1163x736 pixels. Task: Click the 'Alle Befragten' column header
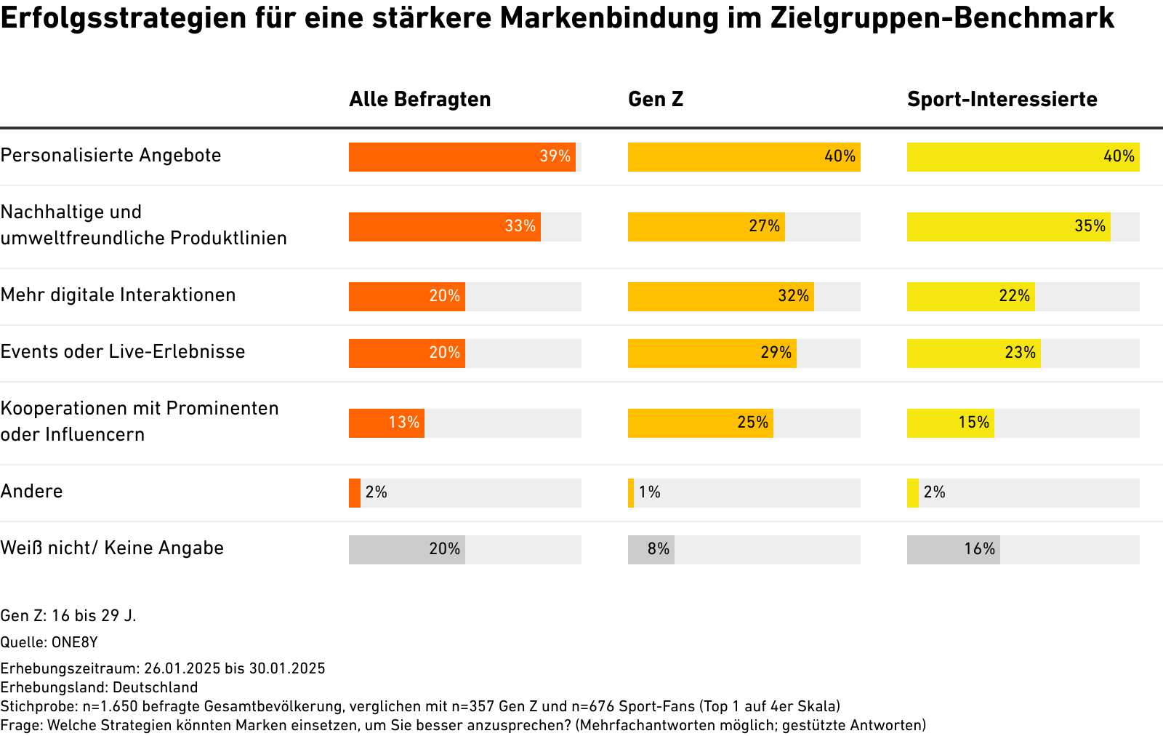coord(419,99)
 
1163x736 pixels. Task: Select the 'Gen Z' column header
coord(656,99)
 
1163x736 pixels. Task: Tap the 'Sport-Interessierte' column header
coord(1002,99)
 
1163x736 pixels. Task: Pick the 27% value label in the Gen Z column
coord(764,226)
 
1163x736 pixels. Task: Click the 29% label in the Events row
coord(776,353)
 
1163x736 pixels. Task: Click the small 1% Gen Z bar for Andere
coord(631,493)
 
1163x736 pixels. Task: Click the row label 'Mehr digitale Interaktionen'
coord(118,295)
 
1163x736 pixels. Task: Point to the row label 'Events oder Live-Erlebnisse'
coord(123,351)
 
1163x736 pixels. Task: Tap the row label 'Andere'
coord(31,491)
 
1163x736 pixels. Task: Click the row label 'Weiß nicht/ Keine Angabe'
coord(112,548)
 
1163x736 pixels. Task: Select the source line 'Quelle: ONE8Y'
coord(49,642)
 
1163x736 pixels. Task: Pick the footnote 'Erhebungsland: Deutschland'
coord(99,687)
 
